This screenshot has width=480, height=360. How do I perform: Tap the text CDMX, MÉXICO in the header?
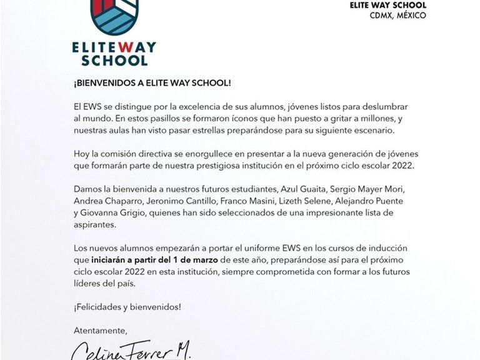[397, 15]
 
